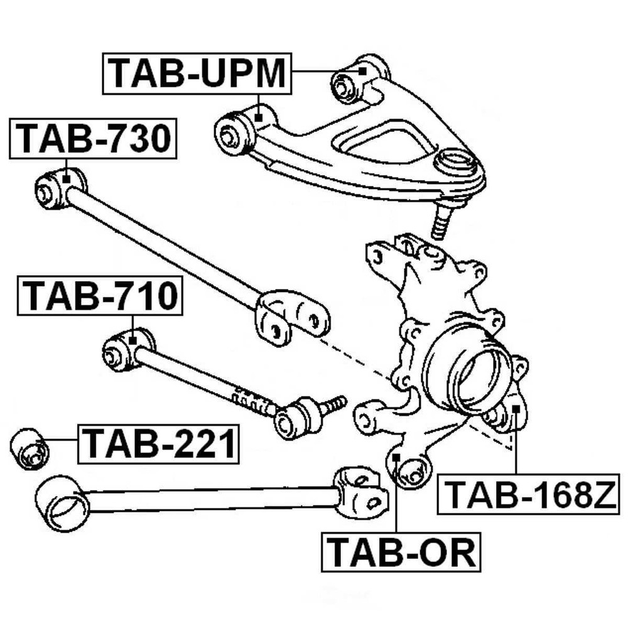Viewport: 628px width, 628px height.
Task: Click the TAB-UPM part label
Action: tap(197, 73)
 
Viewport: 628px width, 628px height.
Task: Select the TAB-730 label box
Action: tap(94, 139)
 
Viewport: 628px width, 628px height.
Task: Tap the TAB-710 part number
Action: tap(100, 296)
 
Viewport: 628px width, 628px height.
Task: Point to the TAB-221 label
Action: tap(158, 443)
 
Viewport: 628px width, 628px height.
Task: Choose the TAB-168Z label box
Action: tap(528, 494)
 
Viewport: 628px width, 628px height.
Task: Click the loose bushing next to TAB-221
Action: tap(30, 448)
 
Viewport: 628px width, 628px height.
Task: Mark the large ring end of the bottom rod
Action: tap(62, 502)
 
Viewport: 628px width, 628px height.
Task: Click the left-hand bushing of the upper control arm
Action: tap(237, 133)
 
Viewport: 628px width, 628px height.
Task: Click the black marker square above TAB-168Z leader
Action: tap(516, 409)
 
